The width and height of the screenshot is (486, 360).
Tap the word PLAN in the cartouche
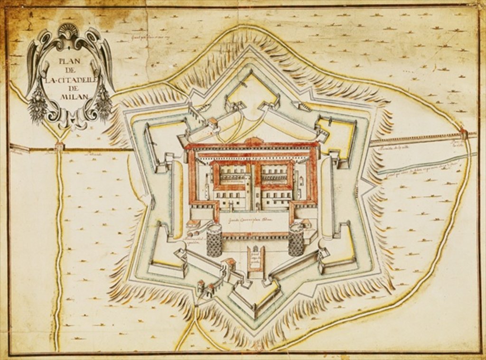click(70, 61)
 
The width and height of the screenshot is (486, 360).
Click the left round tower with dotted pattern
click(214, 240)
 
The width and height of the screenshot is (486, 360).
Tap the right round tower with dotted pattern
click(296, 241)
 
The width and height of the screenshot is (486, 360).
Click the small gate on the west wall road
click(59, 147)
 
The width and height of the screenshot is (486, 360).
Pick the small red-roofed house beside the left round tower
click(194, 224)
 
